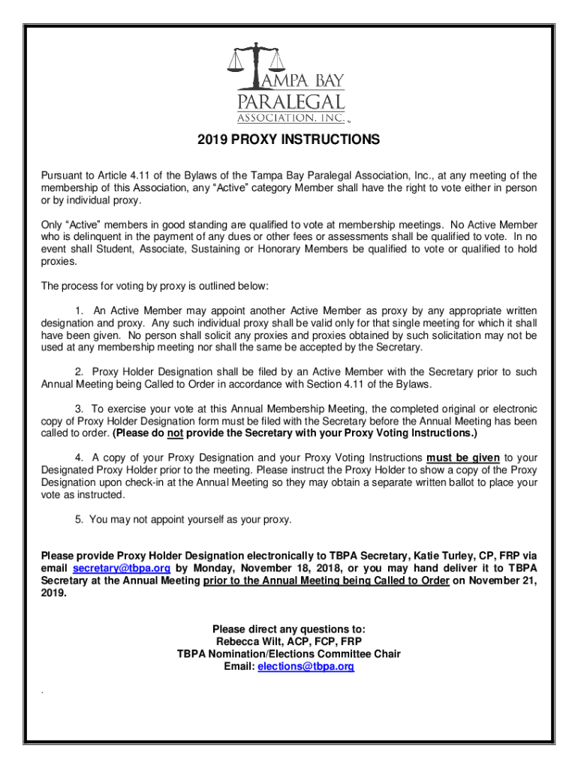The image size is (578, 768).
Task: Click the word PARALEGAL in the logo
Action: pyautogui.click(x=291, y=102)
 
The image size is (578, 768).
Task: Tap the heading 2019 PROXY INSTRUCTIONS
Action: pyautogui.click(x=289, y=140)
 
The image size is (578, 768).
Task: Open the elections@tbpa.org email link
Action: pyautogui.click(x=306, y=666)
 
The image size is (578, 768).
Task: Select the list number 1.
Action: pyautogui.click(x=80, y=310)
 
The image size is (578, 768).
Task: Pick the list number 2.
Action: pyautogui.click(x=80, y=372)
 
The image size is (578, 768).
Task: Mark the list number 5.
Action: pyautogui.click(x=80, y=519)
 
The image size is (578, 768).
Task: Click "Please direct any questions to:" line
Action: pyautogui.click(x=289, y=629)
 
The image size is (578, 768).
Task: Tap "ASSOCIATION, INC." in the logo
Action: pyautogui.click(x=291, y=118)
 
